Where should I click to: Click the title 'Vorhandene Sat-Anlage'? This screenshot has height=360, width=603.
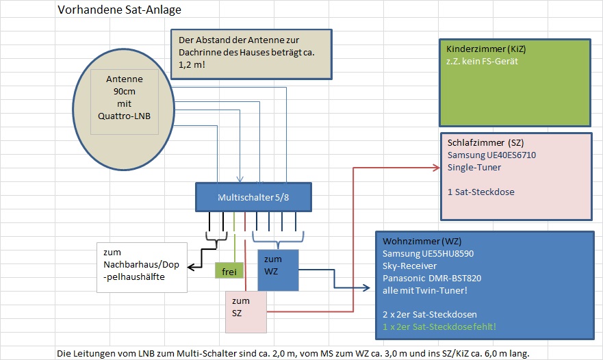pyautogui.click(x=119, y=10)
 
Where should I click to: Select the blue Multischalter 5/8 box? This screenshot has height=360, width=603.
pyautogui.click(x=253, y=197)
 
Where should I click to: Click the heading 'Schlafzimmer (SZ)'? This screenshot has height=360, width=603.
pyautogui.click(x=486, y=143)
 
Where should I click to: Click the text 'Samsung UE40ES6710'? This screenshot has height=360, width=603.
pyautogui.click(x=491, y=155)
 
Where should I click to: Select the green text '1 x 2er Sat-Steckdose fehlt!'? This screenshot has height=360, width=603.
pyautogui.click(x=439, y=327)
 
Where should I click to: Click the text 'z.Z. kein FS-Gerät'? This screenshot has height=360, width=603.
pyautogui.click(x=483, y=62)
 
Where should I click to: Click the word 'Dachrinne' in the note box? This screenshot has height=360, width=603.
pyautogui.click(x=201, y=52)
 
